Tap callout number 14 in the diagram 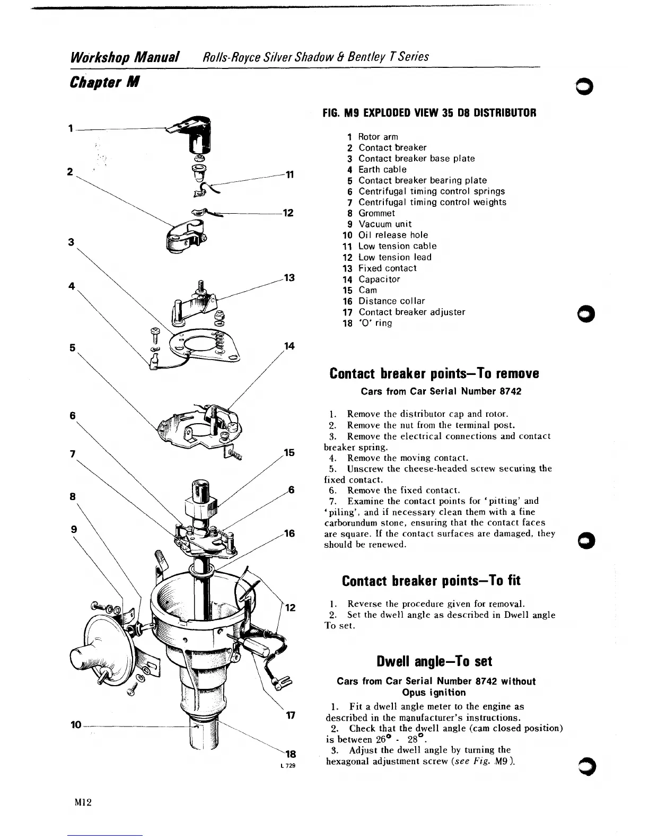click(289, 346)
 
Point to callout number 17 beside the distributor click(290, 715)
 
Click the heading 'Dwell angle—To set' click(434, 661)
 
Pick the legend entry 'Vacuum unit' click(385, 224)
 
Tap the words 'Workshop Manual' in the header click(125, 57)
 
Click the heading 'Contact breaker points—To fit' click(431, 581)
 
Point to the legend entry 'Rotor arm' click(378, 137)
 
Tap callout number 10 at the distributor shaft click(76, 724)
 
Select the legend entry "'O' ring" click(375, 323)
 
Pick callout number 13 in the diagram click(289, 278)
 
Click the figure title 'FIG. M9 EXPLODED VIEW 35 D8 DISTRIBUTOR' click(429, 113)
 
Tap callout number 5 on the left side click(72, 347)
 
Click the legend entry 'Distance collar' click(392, 301)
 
